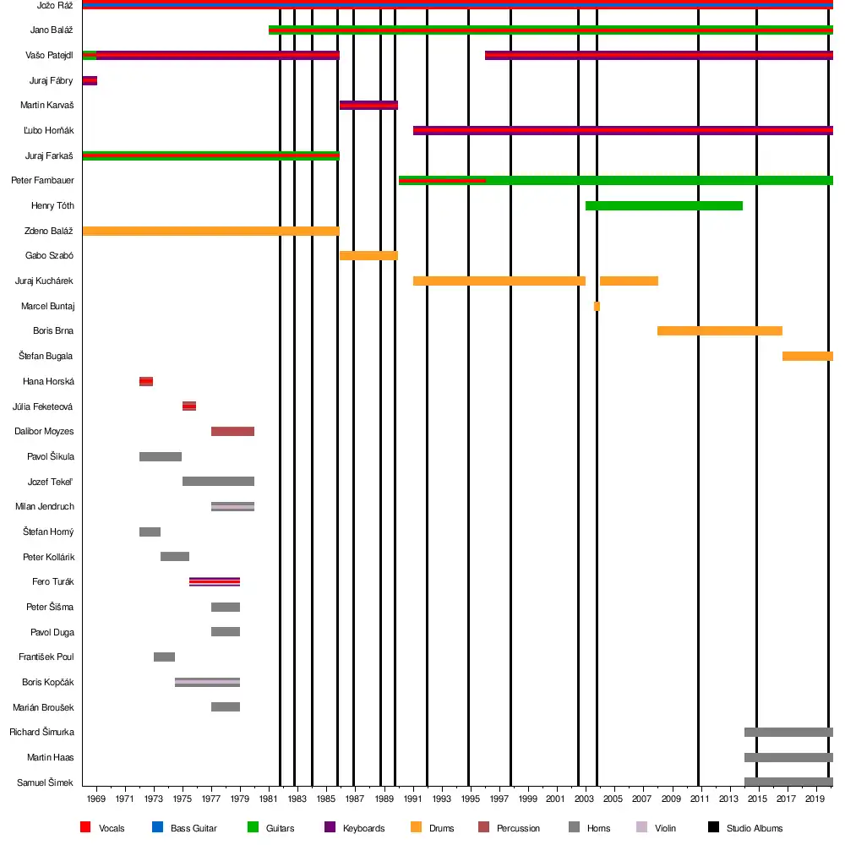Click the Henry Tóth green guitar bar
tap(663, 206)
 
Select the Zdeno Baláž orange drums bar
tap(210, 231)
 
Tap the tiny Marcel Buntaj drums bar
tap(597, 306)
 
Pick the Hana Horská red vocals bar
tap(146, 381)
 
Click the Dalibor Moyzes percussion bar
tap(232, 432)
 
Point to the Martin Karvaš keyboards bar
tap(368, 106)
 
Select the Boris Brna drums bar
tap(719, 330)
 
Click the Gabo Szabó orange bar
tap(368, 255)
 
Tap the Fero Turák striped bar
tap(215, 581)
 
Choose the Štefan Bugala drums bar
tap(807, 356)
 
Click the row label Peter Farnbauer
tap(42, 181)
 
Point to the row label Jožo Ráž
tap(55, 5)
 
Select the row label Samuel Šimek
tap(46, 782)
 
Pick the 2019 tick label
tap(815, 799)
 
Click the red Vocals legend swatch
tap(85, 827)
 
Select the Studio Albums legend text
tap(755, 828)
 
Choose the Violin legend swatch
tap(641, 827)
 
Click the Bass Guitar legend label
tap(194, 828)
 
